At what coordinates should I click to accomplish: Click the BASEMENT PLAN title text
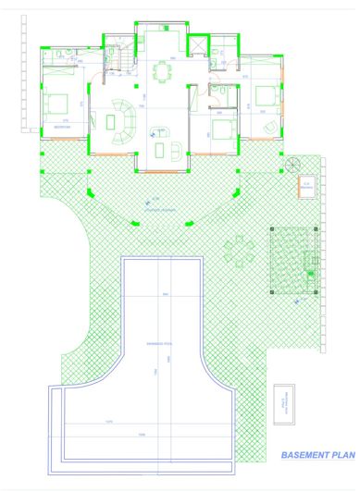(317, 455)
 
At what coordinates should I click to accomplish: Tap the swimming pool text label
(154, 343)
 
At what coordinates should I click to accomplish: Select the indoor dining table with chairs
(163, 71)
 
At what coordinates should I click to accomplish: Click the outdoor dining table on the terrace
(240, 250)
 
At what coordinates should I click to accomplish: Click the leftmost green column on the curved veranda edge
(90, 191)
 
